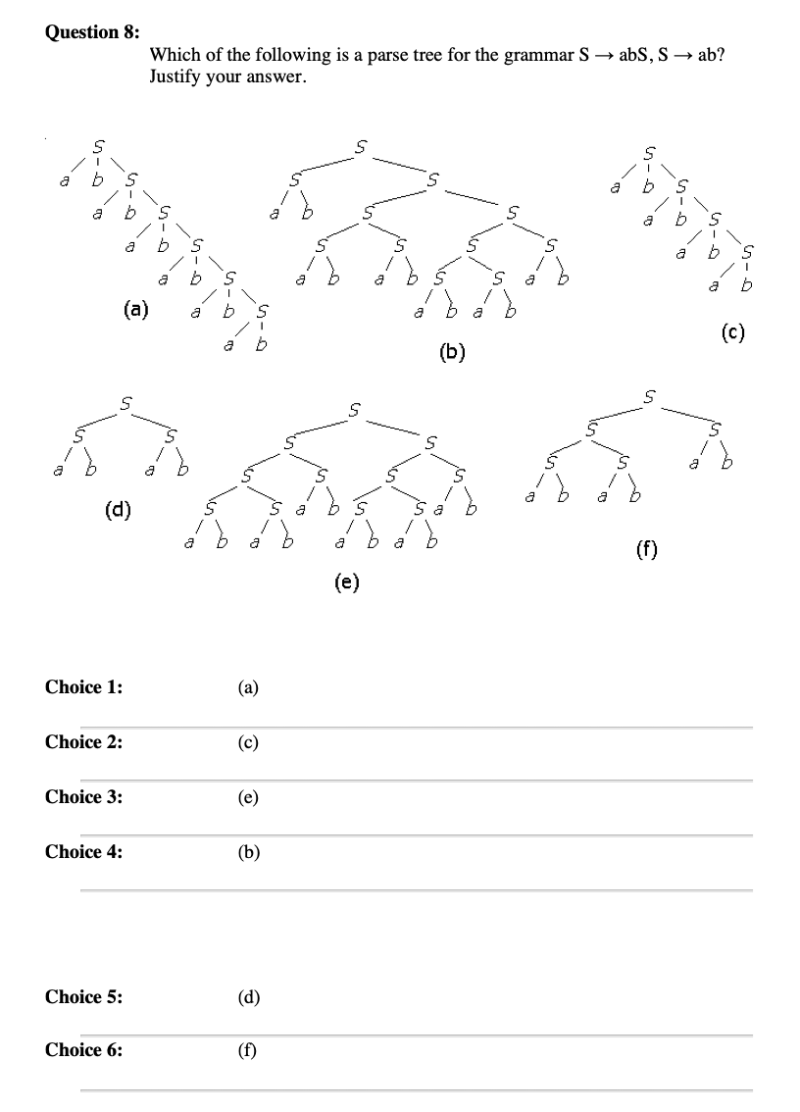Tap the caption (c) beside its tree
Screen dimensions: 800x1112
coord(732,332)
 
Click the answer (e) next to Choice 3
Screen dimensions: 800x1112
coord(248,797)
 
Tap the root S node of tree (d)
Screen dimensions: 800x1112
coord(122,400)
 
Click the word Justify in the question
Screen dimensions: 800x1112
coord(175,76)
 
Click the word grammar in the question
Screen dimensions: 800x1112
coord(534,56)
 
